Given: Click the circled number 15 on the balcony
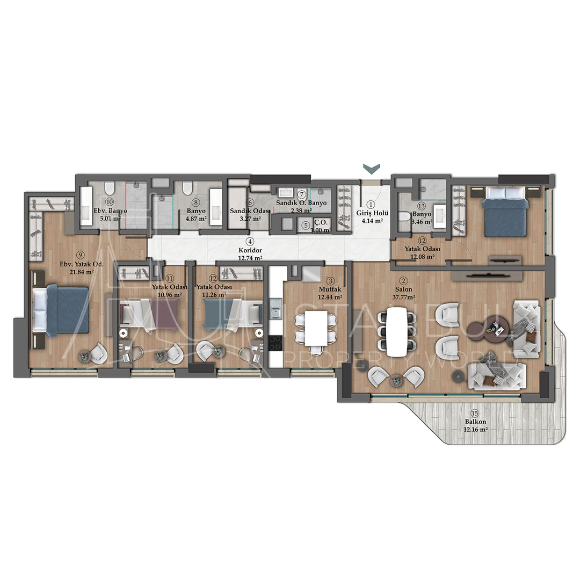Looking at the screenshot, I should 474,413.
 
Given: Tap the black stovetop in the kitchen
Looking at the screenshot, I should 275,342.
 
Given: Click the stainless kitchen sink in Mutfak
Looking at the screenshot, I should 275,311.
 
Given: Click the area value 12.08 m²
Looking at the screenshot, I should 423,257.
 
